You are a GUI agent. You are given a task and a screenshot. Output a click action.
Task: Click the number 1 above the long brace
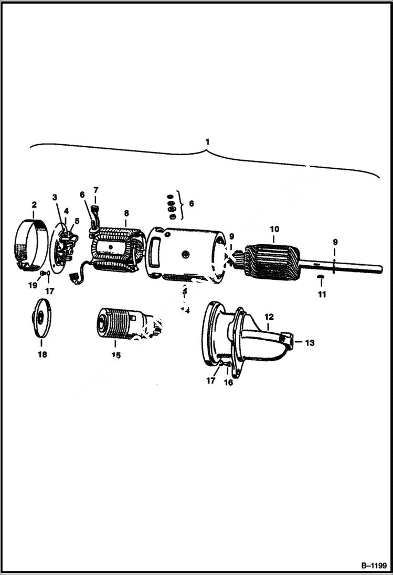pos(208,142)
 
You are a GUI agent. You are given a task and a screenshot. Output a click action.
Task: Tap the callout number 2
pos(34,204)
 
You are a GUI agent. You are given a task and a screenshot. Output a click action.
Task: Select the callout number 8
pos(126,213)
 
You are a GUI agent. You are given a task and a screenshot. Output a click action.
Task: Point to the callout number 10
pos(274,229)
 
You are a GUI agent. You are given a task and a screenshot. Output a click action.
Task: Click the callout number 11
pos(322,295)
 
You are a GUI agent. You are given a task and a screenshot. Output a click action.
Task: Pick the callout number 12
pos(269,317)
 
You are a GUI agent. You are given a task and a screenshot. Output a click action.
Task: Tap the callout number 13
pos(310,343)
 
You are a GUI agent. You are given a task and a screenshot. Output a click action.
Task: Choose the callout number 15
pos(115,355)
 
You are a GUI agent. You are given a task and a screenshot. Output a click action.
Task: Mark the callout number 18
pos(42,354)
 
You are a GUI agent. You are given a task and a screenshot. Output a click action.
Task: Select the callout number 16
pos(229,383)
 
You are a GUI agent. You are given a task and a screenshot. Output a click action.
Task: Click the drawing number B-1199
pos(374,566)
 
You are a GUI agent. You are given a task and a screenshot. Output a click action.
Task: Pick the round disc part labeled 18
pos(41,321)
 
